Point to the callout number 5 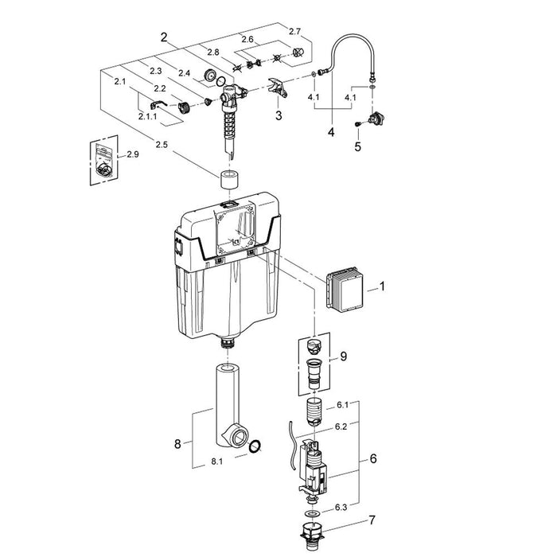pyautogui.click(x=357, y=146)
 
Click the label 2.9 pyautogui.click(x=133, y=154)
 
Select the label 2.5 pyautogui.click(x=162, y=145)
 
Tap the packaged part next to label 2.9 pyautogui.click(x=101, y=158)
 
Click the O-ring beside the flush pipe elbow pyautogui.click(x=255, y=446)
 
